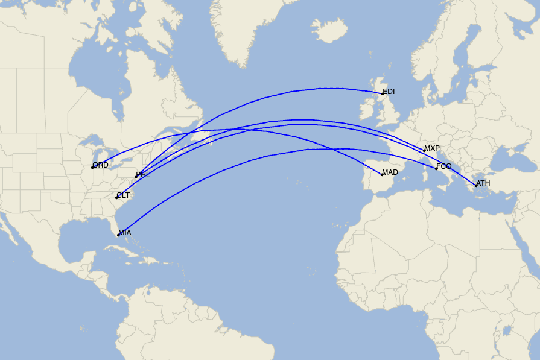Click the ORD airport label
click(x=101, y=165)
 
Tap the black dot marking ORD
click(x=92, y=167)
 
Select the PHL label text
click(x=143, y=175)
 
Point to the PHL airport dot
click(x=136, y=177)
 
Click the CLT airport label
click(x=123, y=195)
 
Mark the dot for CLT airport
click(x=116, y=197)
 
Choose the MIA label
click(x=125, y=233)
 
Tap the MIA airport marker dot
click(x=118, y=235)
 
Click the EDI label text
click(x=389, y=92)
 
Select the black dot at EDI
click(x=383, y=93)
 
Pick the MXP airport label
click(x=432, y=148)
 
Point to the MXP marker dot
click(x=424, y=150)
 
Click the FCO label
click(x=444, y=166)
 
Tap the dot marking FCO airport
click(x=436, y=168)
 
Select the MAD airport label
click(x=390, y=172)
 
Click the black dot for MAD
click(x=382, y=174)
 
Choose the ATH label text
click(x=484, y=183)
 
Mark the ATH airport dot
click(x=476, y=185)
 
